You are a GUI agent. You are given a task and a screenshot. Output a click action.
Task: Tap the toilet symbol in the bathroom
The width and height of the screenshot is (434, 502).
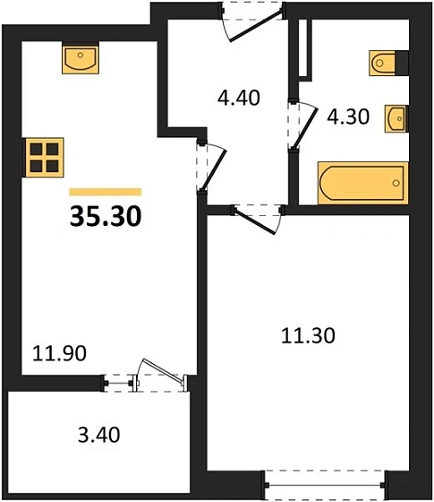[x=387, y=62]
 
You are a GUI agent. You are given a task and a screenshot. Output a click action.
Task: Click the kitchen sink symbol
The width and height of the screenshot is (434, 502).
[x=81, y=61]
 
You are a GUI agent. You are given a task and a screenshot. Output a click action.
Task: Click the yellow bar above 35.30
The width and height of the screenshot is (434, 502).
[x=105, y=191]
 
